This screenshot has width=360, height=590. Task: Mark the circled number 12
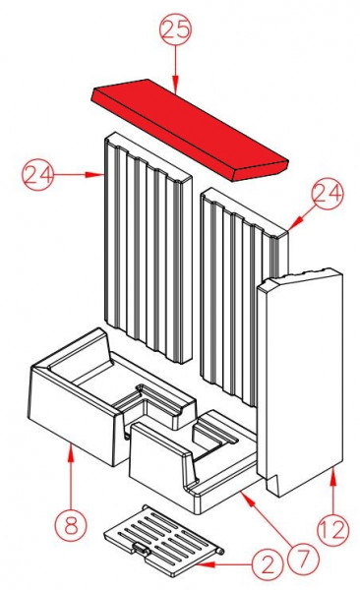332,530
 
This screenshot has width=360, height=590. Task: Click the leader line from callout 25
175,69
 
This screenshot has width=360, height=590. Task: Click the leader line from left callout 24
79,175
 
